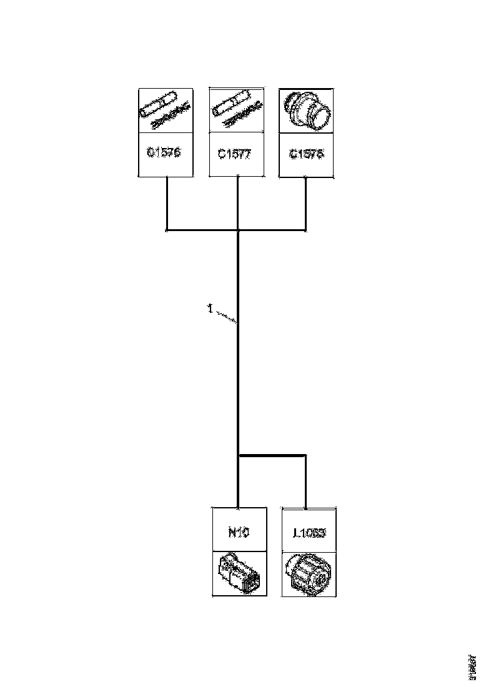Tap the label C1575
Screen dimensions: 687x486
click(x=307, y=154)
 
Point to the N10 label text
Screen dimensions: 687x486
click(x=237, y=532)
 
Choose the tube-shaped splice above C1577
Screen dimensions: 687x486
click(x=230, y=104)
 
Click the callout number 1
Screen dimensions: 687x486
click(x=211, y=308)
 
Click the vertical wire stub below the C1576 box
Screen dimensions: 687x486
click(x=167, y=203)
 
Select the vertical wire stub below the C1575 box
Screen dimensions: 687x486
click(x=306, y=203)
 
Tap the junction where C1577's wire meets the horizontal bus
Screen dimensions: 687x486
click(x=238, y=230)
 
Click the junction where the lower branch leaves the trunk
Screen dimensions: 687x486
click(x=239, y=455)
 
